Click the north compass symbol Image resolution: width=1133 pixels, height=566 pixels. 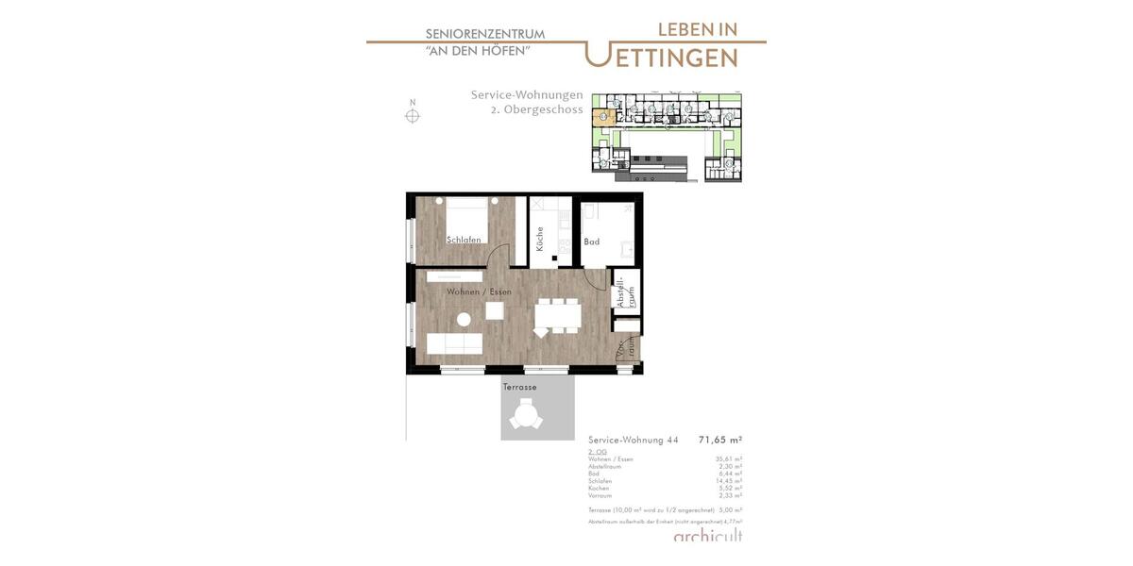[x=413, y=116]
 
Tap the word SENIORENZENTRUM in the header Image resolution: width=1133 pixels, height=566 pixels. [x=484, y=34]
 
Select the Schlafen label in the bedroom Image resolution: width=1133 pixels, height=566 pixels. [x=465, y=240]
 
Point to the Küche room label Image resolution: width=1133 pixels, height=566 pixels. [x=539, y=238]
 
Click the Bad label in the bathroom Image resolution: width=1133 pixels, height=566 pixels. [x=591, y=241]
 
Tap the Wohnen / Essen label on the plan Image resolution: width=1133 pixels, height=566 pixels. [x=480, y=291]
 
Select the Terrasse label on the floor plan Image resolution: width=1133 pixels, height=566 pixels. [x=519, y=387]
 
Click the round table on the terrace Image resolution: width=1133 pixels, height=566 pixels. [x=525, y=414]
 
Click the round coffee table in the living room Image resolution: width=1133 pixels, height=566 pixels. [x=464, y=320]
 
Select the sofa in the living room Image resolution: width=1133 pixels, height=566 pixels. [x=454, y=343]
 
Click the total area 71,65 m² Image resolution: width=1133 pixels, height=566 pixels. [x=719, y=440]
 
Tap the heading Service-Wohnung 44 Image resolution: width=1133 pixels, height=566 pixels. [x=633, y=440]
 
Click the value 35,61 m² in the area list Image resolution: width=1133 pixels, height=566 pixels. [x=728, y=459]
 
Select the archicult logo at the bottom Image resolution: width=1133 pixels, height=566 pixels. [x=707, y=536]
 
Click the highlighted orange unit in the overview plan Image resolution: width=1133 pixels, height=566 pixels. [x=602, y=118]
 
